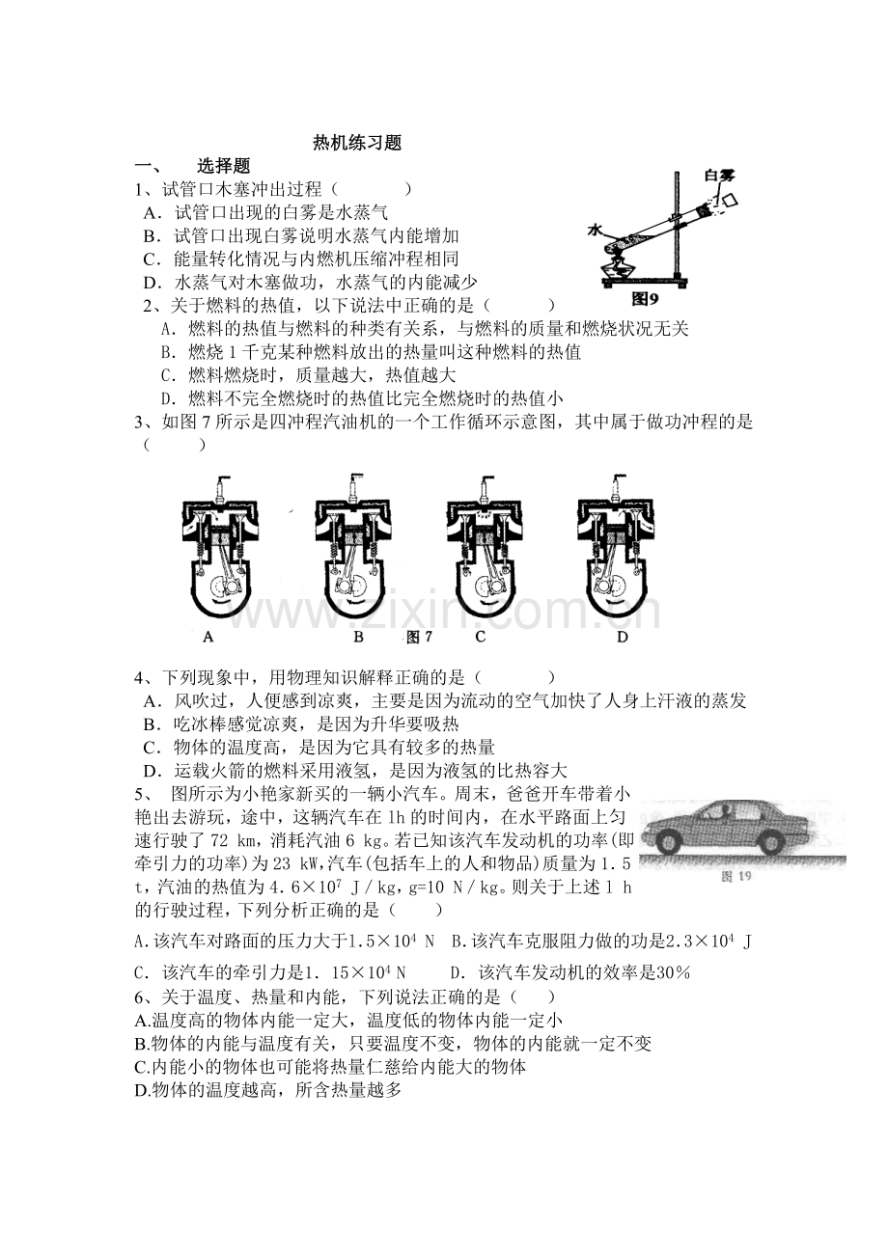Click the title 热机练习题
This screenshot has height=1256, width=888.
pos(357,143)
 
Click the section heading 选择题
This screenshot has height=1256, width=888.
pos(223,166)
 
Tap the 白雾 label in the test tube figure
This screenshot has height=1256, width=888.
pos(720,177)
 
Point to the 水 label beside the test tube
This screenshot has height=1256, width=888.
pos(596,230)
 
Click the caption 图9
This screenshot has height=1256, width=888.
pos(645,299)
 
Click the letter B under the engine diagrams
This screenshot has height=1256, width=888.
pos(358,637)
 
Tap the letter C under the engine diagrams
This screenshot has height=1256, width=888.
pos(480,637)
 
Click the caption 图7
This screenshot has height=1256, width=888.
pos(420,637)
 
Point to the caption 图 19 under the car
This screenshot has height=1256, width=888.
pos(735,876)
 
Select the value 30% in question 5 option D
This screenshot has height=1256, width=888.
pos(673,972)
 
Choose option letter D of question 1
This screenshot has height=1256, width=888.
pos(152,283)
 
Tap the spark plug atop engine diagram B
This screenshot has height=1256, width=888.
pos(355,488)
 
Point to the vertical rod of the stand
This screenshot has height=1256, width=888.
pos(677,224)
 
